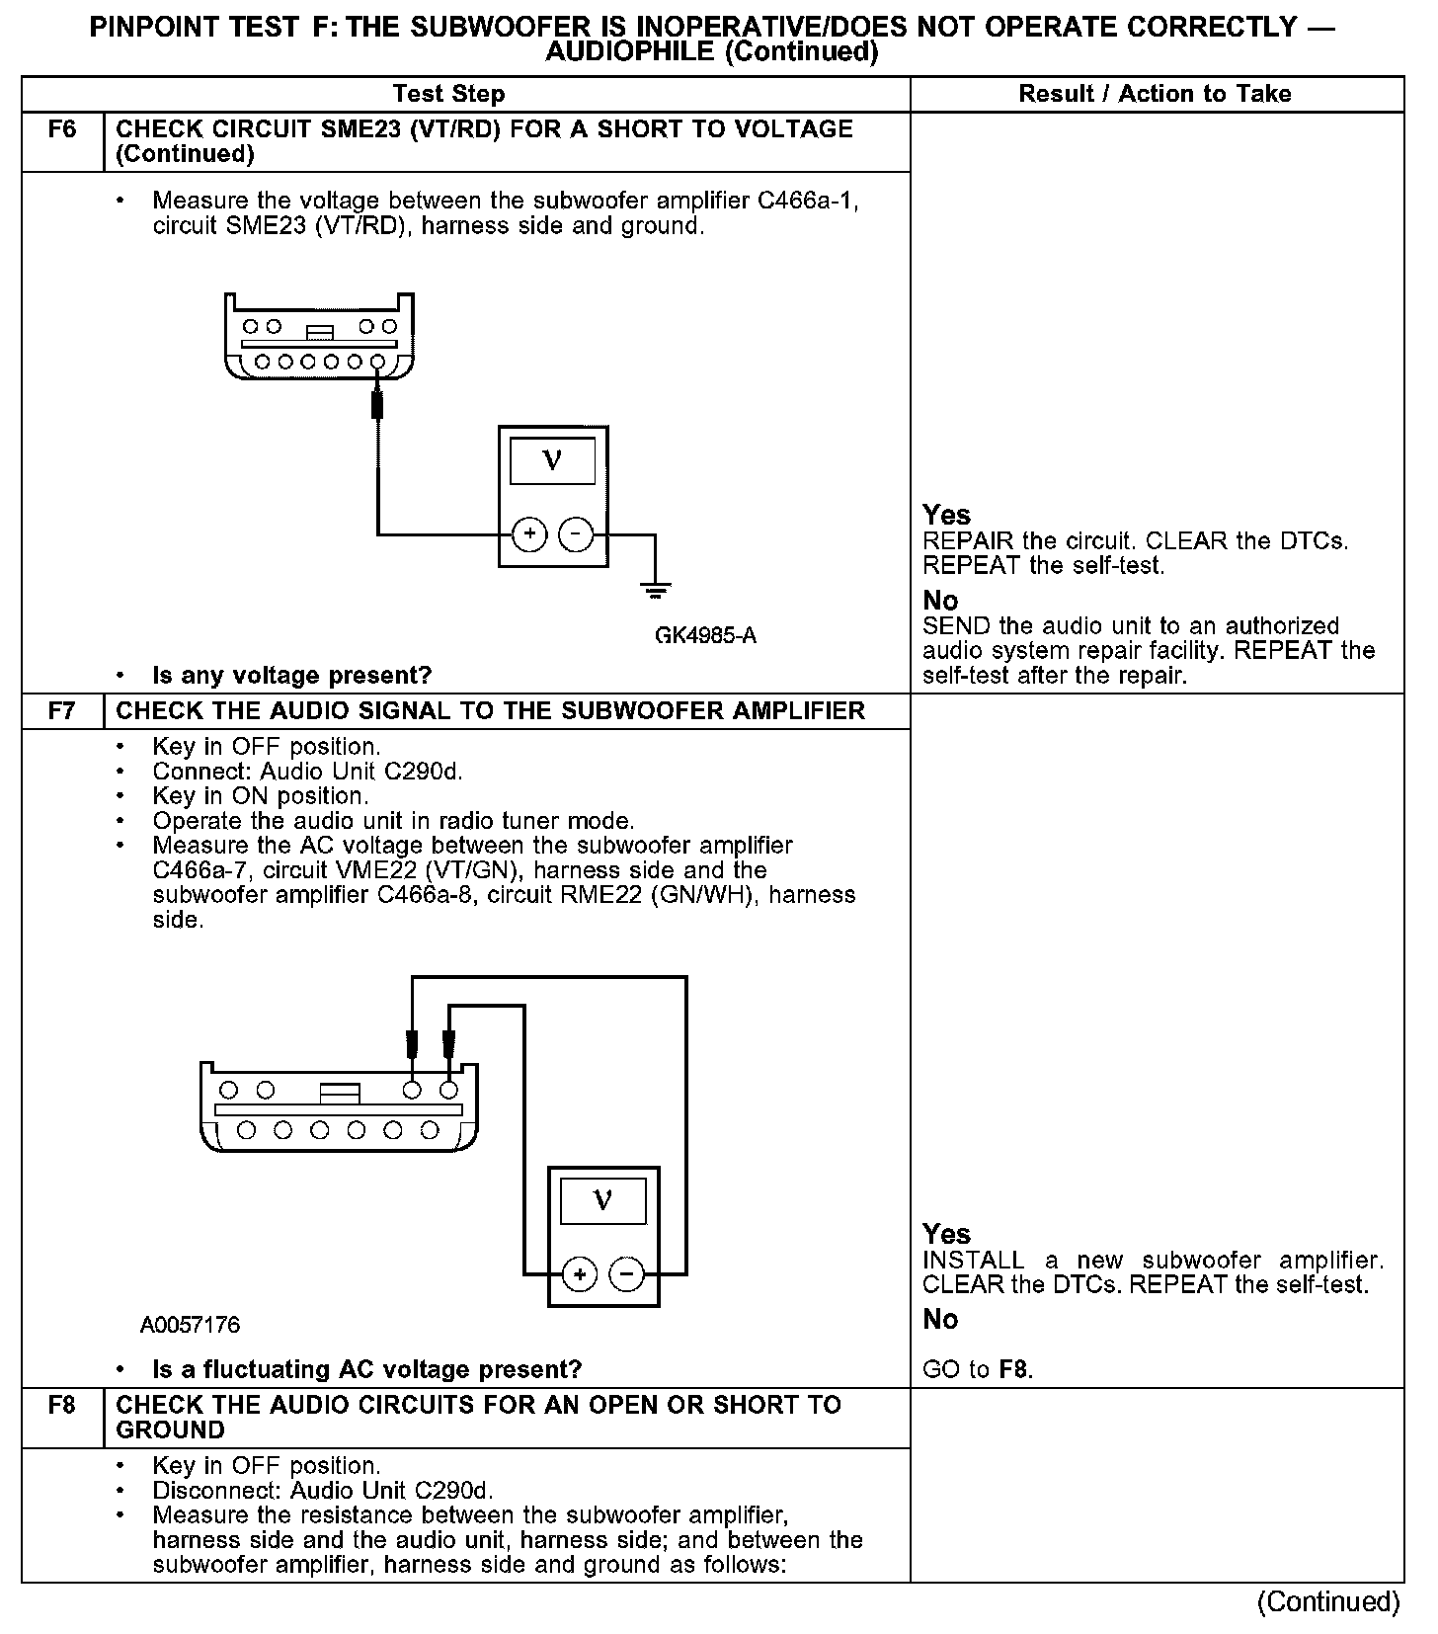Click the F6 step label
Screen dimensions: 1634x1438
(x=61, y=130)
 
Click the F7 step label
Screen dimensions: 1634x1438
(x=61, y=711)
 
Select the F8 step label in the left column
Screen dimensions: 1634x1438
(x=61, y=1405)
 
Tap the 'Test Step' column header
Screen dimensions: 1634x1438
(x=448, y=94)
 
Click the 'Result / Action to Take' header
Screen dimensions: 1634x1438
(x=1155, y=94)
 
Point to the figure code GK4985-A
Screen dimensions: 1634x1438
(x=705, y=635)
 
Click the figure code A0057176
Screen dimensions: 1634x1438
(x=190, y=1325)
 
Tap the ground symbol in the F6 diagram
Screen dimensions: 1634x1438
(x=655, y=591)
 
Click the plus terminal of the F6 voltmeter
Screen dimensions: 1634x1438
(x=529, y=534)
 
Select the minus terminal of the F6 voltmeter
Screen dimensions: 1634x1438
(x=576, y=534)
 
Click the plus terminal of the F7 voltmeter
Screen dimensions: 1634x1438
(x=580, y=1274)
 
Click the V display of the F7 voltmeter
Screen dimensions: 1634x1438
(x=602, y=1201)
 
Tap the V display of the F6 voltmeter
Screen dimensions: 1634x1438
(x=552, y=461)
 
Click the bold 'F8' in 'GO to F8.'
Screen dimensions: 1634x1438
(x=1014, y=1370)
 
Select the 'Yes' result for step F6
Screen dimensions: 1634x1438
(x=946, y=515)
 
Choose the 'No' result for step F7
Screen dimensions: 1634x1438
(x=940, y=1320)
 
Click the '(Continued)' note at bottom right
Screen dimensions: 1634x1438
(x=1328, y=1602)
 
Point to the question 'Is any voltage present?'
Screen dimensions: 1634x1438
(x=292, y=676)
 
